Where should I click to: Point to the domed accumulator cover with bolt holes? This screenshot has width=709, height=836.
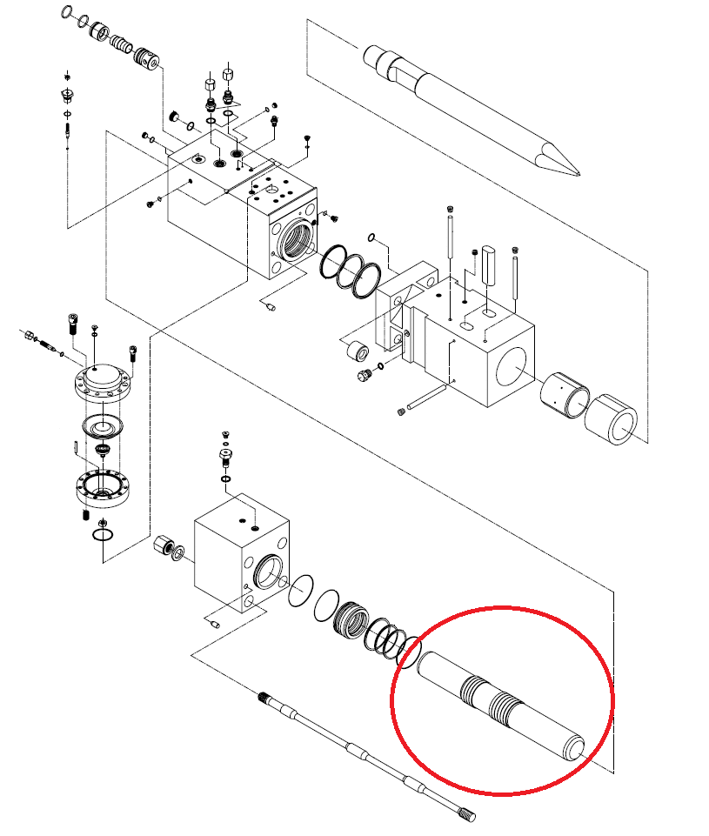(103, 378)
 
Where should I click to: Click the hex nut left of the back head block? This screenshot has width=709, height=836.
(161, 547)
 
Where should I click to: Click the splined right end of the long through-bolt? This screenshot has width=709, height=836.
(465, 815)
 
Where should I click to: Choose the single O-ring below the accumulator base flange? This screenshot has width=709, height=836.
(103, 533)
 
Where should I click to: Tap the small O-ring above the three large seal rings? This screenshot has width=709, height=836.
(371, 237)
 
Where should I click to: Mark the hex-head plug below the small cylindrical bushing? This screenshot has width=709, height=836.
(364, 375)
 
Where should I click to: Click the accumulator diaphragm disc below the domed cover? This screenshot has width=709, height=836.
(103, 427)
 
